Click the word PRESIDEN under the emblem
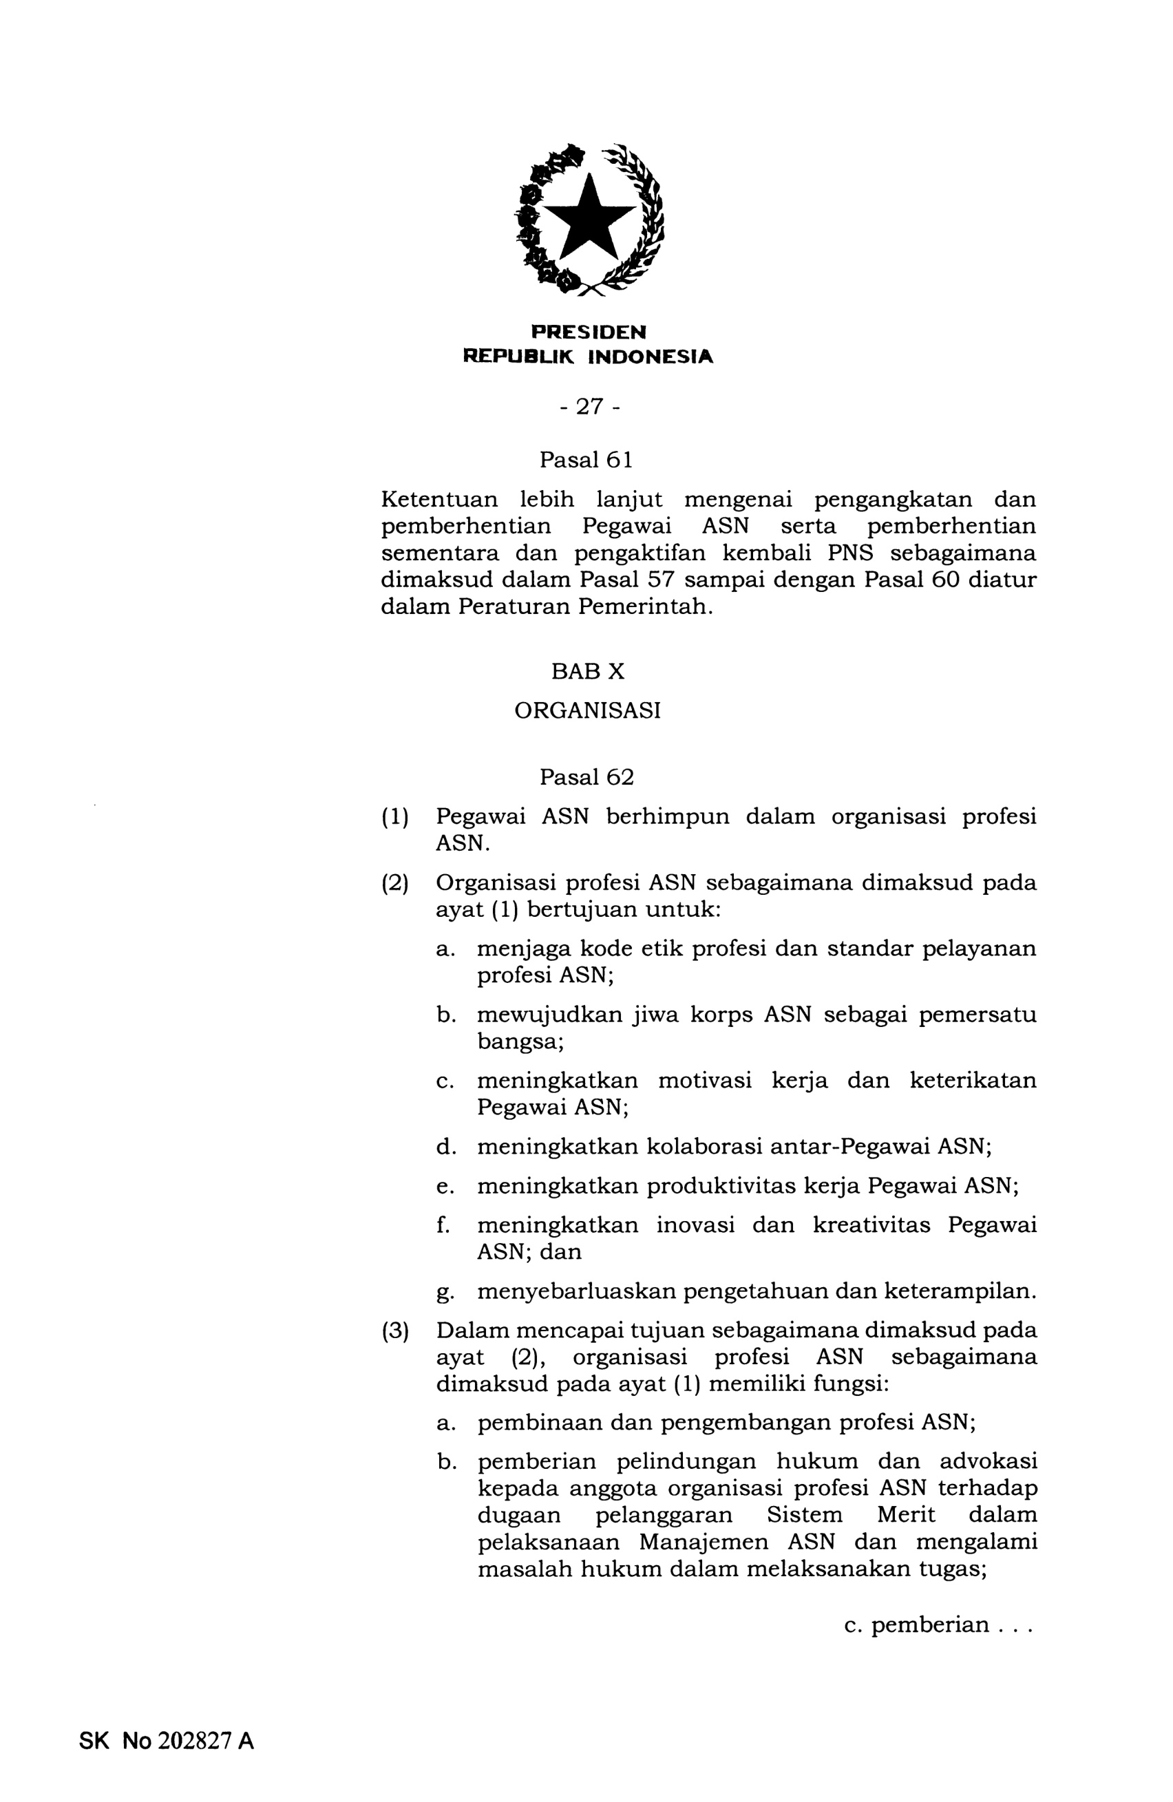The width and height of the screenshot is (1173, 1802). point(588,332)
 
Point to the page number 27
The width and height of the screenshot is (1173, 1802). point(589,407)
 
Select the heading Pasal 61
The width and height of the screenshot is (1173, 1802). point(585,460)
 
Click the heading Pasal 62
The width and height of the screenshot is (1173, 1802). point(586,777)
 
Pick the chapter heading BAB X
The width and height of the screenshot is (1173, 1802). point(588,672)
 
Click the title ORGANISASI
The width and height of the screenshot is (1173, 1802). point(587,711)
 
